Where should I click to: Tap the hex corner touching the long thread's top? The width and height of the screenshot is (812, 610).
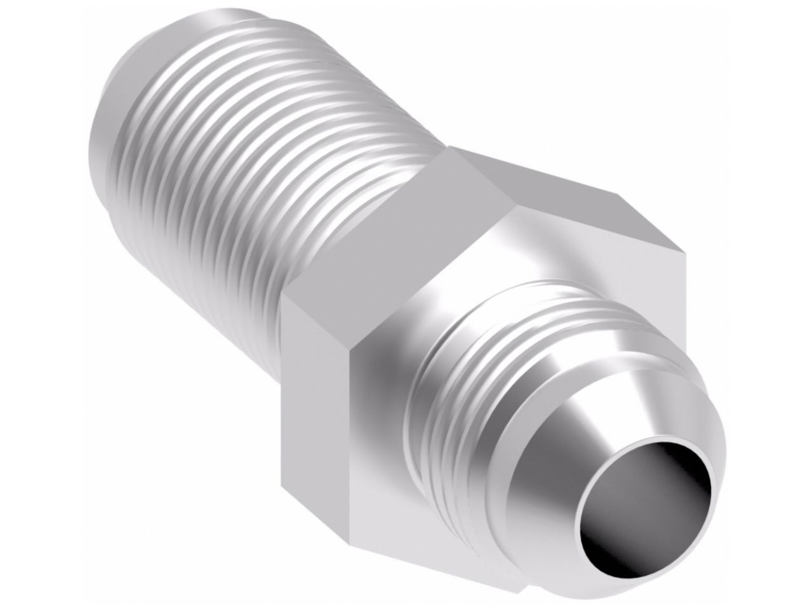click(x=447, y=152)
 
